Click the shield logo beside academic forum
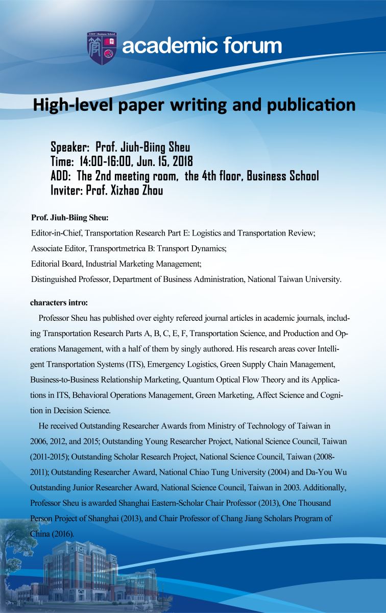[102, 48]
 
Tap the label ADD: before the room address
[62, 176]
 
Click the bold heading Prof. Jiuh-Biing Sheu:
[70, 218]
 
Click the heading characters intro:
[59, 303]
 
